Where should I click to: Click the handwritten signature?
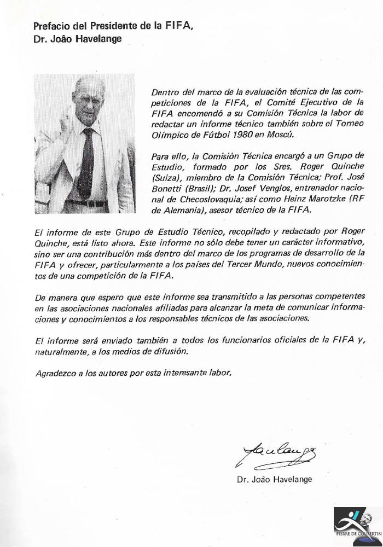[268, 454]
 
